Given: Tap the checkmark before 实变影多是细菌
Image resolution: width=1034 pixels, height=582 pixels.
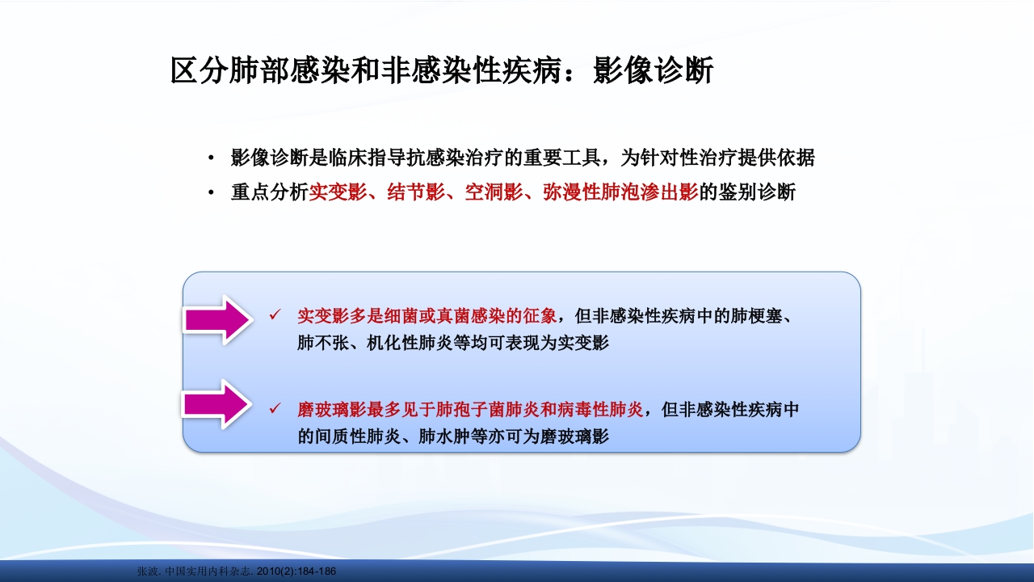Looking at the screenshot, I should click(275, 314).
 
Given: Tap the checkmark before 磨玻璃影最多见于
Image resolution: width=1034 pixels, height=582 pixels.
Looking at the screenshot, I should click(275, 409).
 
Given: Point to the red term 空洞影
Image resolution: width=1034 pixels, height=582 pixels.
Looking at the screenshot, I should click(492, 193).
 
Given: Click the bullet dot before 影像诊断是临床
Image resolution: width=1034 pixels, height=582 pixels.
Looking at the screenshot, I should click(211, 158).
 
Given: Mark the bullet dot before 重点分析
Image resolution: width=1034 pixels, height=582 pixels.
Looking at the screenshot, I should click(211, 194).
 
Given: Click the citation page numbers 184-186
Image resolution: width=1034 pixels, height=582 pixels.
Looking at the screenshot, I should click(317, 571).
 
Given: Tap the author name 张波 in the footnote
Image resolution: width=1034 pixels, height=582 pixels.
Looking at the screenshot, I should click(147, 571).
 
